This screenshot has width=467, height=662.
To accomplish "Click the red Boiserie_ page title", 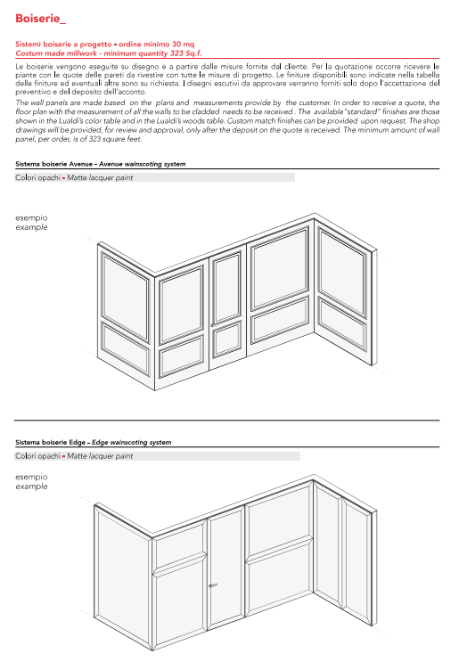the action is coord(40,19).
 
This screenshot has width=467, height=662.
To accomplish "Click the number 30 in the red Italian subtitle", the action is coord(176,44).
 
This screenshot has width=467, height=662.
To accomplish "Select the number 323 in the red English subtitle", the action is coord(176,53).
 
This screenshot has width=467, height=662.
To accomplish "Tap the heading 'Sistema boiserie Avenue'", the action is coord(53,164).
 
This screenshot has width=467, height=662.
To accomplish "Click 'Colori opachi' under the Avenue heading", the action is coord(38,177).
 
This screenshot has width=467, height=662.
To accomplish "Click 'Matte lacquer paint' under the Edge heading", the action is coord(100,456).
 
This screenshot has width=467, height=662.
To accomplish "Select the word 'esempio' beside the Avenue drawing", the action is coord(31,218).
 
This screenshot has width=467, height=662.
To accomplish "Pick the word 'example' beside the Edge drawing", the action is coord(31,486).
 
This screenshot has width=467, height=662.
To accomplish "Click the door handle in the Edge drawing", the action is coord(212,585).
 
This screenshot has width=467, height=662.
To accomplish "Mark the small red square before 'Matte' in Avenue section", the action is coord(64,178).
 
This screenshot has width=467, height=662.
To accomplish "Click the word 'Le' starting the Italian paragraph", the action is coord(20,67).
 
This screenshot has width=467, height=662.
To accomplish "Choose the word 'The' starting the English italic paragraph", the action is coord(22,102).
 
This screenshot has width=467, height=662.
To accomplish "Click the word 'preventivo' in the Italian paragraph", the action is coord(31,92).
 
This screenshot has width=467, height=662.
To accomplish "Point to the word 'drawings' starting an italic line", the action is coord(29,130).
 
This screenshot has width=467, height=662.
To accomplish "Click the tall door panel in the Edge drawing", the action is coord(226,568).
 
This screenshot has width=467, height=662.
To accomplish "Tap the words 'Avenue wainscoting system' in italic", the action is coord(143,164).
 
